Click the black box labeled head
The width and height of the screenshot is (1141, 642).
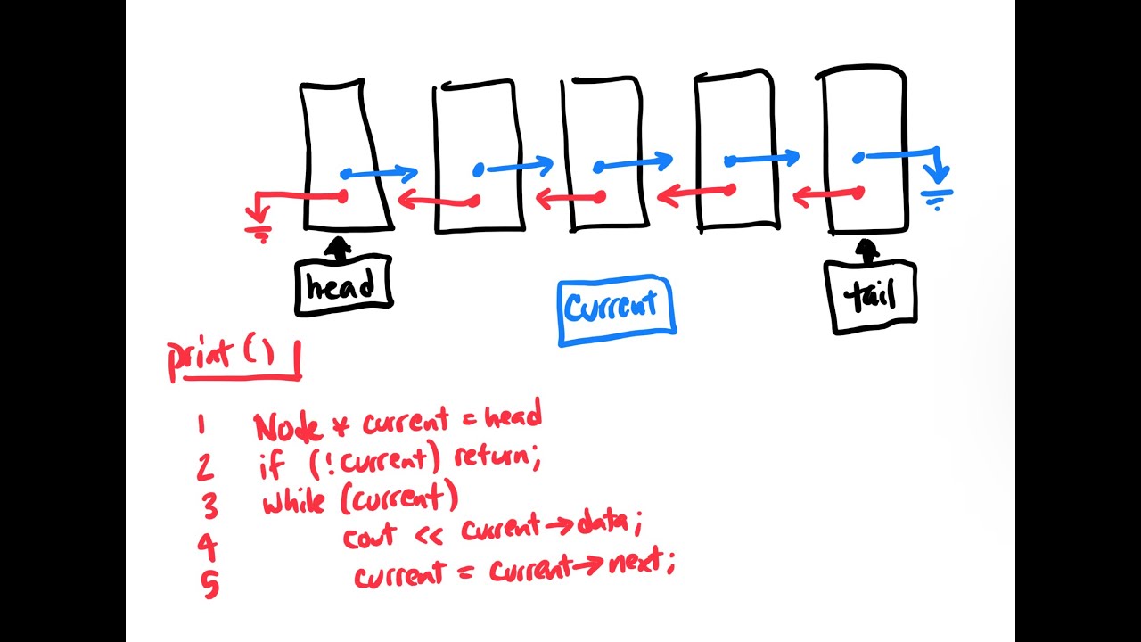click(343, 286)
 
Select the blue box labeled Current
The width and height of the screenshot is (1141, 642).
click(615, 309)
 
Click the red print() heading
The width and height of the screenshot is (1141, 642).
click(234, 358)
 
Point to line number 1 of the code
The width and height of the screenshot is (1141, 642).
click(201, 424)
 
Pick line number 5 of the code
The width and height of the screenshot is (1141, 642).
click(210, 584)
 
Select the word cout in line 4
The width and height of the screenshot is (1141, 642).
click(371, 538)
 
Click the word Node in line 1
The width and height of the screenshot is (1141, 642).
click(287, 427)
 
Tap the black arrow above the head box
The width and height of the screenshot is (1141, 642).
click(339, 248)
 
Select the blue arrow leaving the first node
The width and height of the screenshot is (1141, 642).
click(379, 173)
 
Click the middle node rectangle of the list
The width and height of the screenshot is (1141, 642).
click(603, 153)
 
